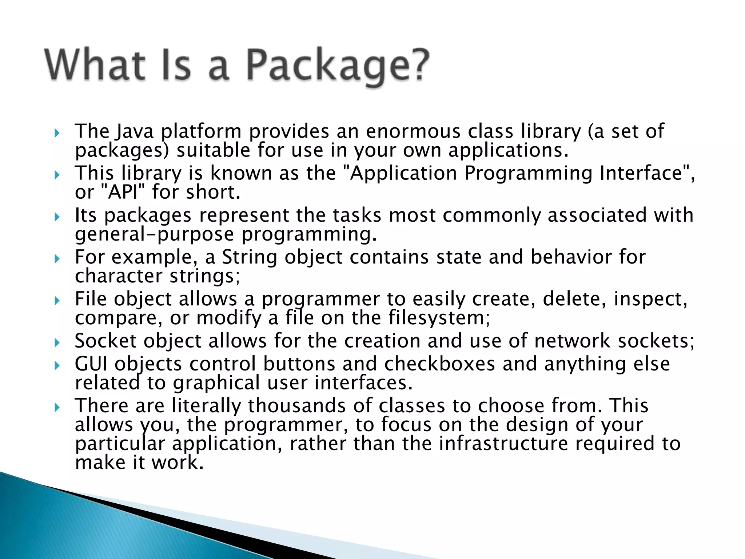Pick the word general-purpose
(154, 234)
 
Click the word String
(250, 257)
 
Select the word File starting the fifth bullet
(90, 299)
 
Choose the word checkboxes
(439, 364)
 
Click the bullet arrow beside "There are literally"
(56, 407)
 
